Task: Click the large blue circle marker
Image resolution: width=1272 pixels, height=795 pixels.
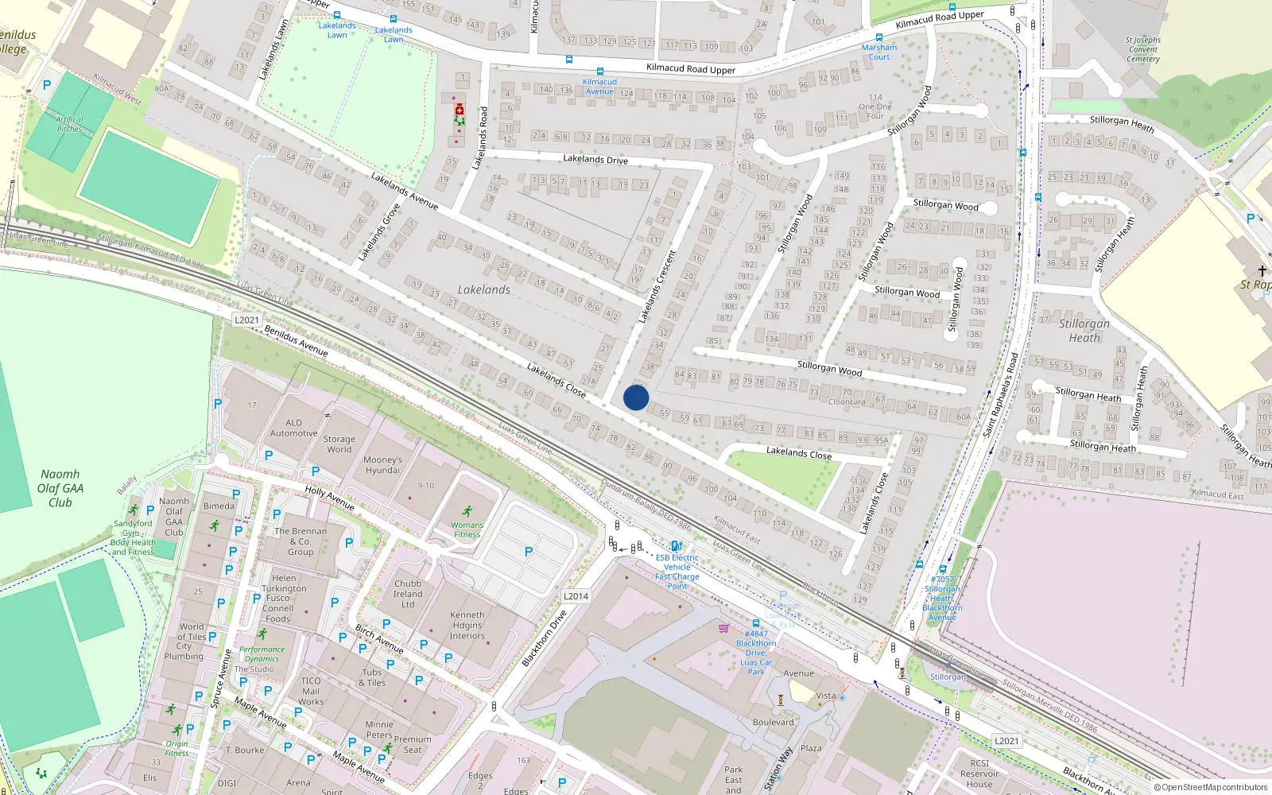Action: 636,397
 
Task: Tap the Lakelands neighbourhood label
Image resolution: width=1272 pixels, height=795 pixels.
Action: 483,290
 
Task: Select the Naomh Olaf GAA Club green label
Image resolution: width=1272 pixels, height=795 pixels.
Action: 60,488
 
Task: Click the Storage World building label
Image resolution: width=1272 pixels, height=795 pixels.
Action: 339,444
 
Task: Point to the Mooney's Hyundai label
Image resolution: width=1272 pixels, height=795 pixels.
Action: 382,465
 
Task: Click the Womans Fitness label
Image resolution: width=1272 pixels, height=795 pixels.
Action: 467,529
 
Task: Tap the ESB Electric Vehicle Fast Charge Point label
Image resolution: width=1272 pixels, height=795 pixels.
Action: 677,572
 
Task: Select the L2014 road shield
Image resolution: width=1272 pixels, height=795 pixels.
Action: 576,596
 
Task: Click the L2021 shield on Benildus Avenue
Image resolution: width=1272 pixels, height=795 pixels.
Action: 246,320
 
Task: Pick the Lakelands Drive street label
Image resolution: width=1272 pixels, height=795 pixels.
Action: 595,160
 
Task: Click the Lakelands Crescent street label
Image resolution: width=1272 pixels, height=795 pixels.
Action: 657,286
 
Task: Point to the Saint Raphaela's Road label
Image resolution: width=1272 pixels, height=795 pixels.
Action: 1000,395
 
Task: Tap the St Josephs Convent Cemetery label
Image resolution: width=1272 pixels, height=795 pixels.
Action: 1142,49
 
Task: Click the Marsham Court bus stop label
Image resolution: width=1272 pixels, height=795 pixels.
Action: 878,52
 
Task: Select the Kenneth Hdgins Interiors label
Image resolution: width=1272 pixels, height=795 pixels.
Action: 467,625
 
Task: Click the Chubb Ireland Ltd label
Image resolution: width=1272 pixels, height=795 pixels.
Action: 408,594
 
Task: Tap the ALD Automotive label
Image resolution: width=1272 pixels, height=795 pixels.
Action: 293,428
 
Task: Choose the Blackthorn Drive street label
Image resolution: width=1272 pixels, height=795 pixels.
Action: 545,638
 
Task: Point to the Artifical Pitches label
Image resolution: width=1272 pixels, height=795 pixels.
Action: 69,124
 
